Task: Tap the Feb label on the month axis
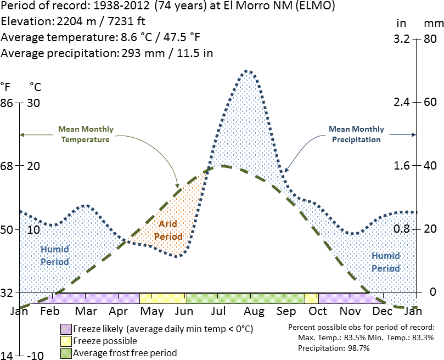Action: tap(50, 311)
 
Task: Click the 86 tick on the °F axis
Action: tap(7, 103)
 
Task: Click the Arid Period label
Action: tap(168, 230)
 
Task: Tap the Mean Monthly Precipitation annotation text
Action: tap(356, 134)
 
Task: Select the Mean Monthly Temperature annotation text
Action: tap(86, 134)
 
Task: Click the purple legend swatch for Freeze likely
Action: tap(66, 329)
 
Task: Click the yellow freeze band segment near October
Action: tap(311, 298)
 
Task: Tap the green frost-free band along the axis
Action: tap(245, 298)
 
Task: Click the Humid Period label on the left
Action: tap(55, 255)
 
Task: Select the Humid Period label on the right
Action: tap(386, 262)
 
